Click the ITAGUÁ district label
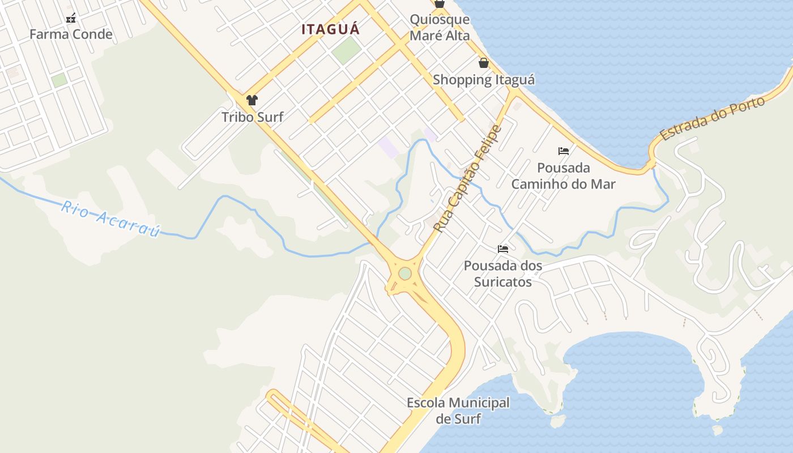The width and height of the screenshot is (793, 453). coord(330,29)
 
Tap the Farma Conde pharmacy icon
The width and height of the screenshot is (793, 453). coord(71,18)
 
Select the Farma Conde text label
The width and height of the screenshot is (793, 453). coord(71,35)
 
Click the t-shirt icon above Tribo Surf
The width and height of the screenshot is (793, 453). coord(252,100)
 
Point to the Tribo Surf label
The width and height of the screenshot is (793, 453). coord(252,117)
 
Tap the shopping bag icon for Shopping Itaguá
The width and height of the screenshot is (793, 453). coord(484,62)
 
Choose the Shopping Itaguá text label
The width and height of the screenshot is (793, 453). coord(484,80)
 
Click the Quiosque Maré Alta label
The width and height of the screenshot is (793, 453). coord(440,27)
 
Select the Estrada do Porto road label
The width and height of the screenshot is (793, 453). coord(712,118)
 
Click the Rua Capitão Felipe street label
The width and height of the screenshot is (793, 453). coord(468,178)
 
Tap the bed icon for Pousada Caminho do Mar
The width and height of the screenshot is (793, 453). coord(564,151)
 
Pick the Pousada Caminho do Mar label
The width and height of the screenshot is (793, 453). coord(564,176)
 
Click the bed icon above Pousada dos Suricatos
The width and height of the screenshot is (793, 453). coord(503,249)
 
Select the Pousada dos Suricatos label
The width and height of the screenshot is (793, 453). coord(503,273)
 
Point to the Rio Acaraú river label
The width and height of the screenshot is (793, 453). coord(110,219)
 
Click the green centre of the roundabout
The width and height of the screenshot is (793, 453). coord(404,273)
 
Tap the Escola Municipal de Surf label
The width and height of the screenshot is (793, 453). coord(458,411)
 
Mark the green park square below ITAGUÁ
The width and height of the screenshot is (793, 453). coord(346,50)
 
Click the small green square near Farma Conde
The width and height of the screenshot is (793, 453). coord(59,80)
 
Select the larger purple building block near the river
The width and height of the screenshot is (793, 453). coord(389,147)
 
